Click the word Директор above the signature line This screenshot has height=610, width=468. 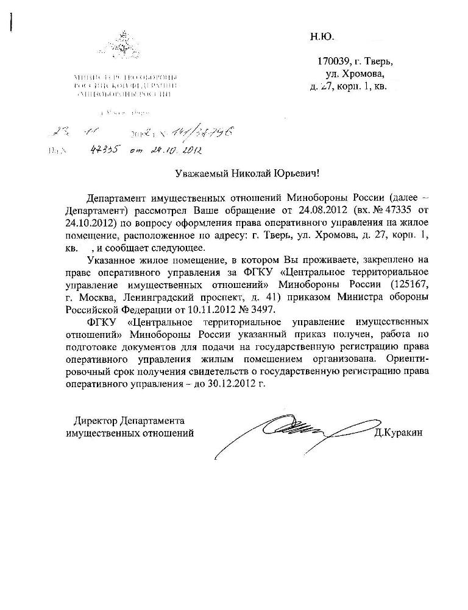(x=95, y=421)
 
